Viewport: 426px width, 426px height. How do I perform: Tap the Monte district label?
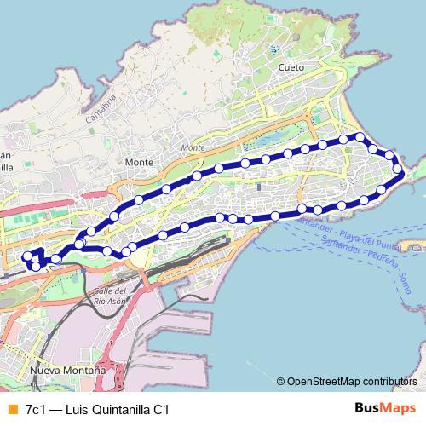138,162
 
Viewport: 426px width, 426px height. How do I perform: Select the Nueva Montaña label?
67,371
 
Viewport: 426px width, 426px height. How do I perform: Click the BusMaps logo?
384,409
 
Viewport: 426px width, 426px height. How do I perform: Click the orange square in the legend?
12,410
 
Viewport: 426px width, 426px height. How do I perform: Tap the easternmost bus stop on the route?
397,170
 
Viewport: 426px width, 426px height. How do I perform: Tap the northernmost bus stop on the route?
360,137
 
